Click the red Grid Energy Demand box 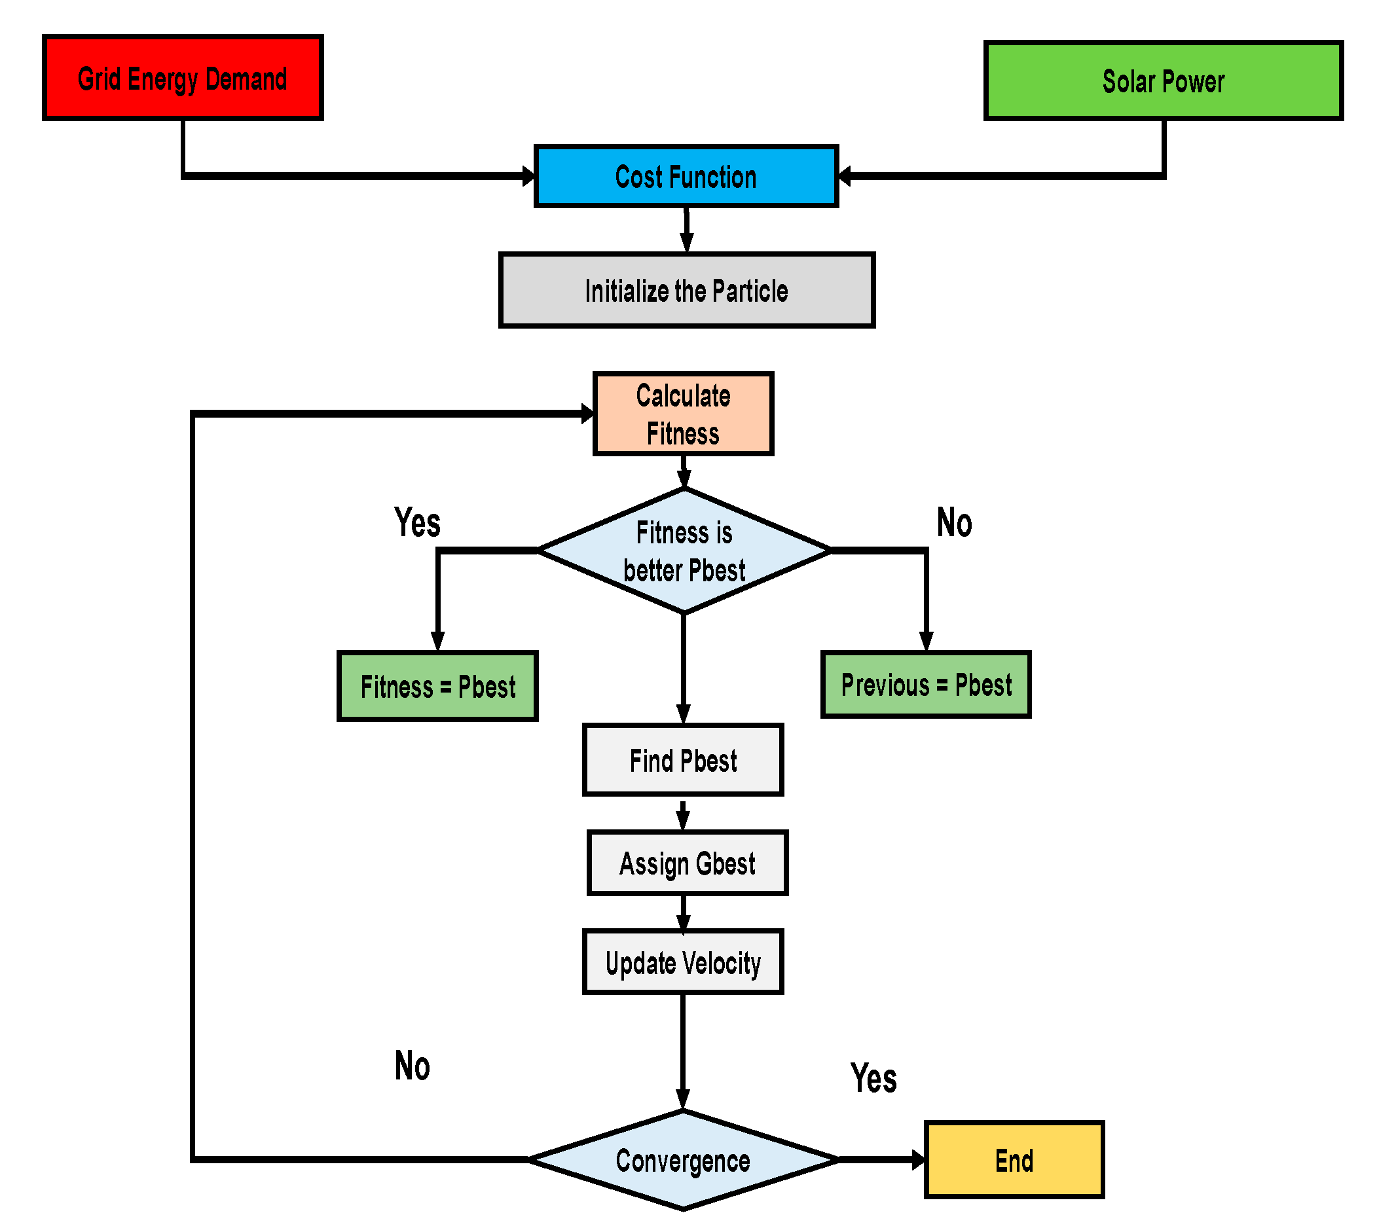point(183,78)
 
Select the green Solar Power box point(1163,81)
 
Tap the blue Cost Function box point(686,176)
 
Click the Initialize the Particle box point(686,291)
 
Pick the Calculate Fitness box point(683,414)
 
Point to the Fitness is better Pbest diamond point(684,551)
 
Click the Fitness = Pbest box point(437,687)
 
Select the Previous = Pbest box point(925,685)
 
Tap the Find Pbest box point(683,760)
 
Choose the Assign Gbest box point(688,863)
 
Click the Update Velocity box point(683,962)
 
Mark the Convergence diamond point(683,1161)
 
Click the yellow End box point(1014,1161)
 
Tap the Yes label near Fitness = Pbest point(417,522)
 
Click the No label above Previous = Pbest point(954,522)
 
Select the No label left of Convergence point(412,1066)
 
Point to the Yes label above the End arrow point(873,1078)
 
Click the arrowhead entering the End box point(918,1161)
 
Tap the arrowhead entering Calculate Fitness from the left point(587,414)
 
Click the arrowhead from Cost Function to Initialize point(687,243)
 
